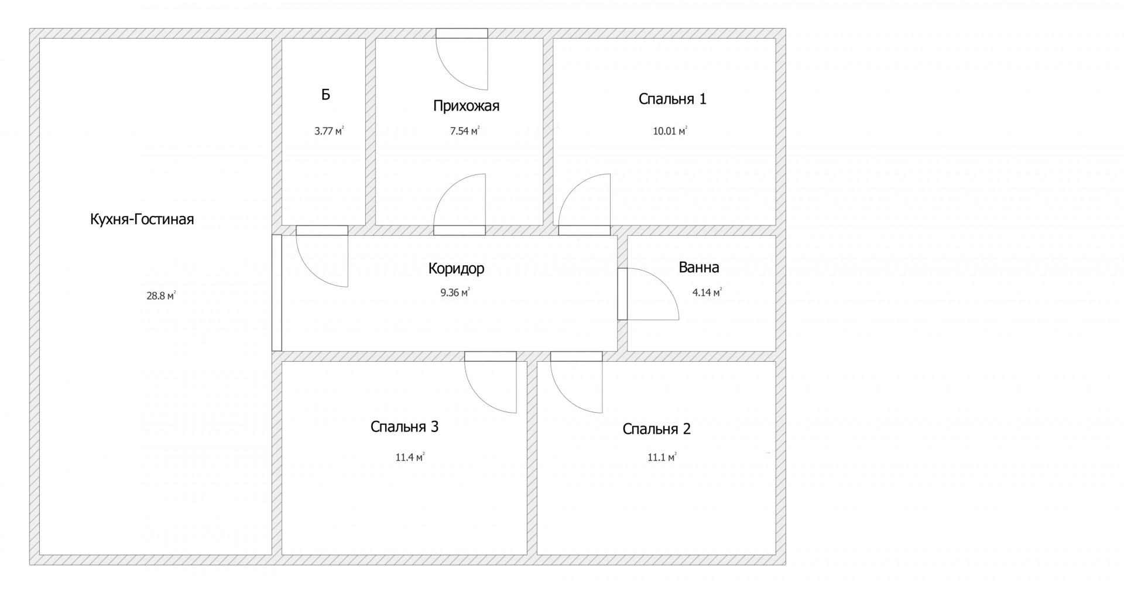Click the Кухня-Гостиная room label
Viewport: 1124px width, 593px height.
142,220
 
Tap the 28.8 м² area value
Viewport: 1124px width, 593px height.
162,296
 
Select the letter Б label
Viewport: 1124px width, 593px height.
325,94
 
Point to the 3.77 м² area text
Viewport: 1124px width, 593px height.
329,131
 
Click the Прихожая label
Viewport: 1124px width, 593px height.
466,106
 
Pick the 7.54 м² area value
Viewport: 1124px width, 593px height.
465,131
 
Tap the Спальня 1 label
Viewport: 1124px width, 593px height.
673,99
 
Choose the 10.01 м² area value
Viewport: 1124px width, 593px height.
670,131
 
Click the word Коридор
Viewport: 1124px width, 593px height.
457,269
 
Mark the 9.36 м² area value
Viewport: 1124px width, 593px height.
455,293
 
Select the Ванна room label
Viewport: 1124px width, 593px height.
699,268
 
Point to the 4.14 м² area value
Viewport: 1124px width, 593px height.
707,293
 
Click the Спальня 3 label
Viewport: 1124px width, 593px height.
405,427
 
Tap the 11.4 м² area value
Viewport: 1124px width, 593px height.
410,457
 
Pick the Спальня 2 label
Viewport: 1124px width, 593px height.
657,429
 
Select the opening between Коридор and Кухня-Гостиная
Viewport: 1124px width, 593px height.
277,293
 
